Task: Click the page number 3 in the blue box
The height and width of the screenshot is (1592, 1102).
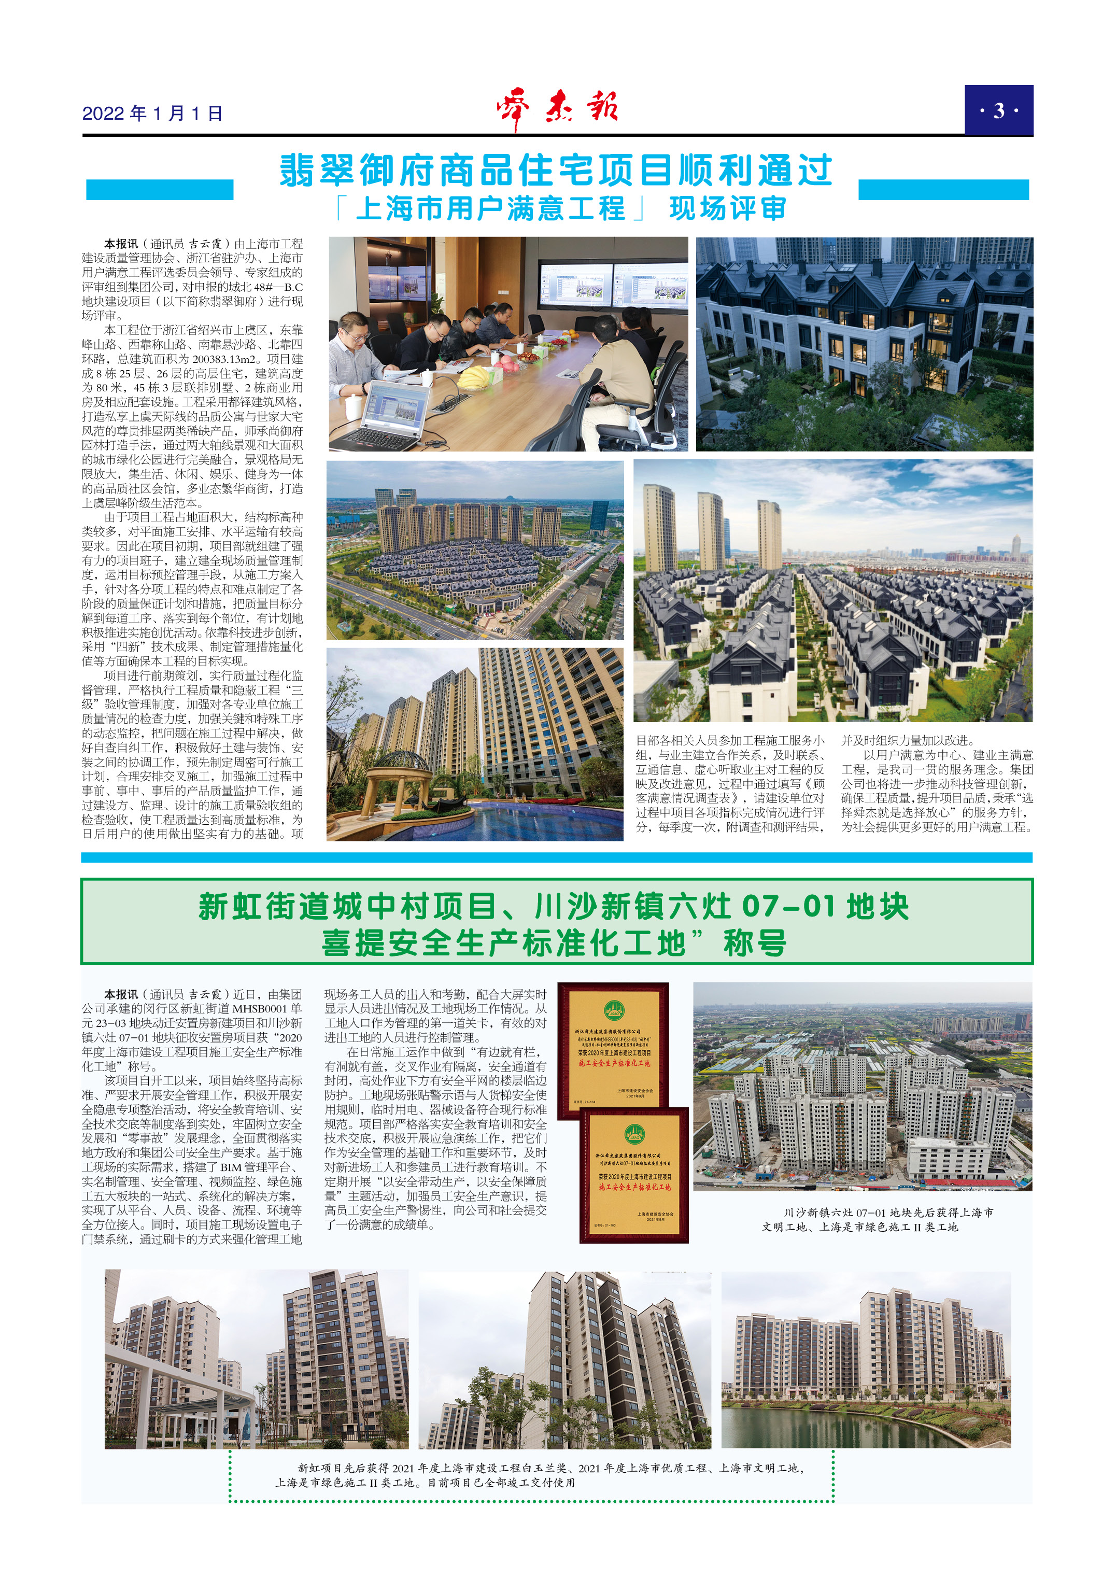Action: (x=998, y=110)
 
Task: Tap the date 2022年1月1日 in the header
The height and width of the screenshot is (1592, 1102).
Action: (x=152, y=114)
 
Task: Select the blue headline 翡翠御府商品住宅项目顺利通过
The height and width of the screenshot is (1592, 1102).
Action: (x=556, y=171)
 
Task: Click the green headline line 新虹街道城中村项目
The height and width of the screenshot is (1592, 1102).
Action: (x=554, y=907)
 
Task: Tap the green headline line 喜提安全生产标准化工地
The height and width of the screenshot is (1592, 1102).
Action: (x=554, y=943)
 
